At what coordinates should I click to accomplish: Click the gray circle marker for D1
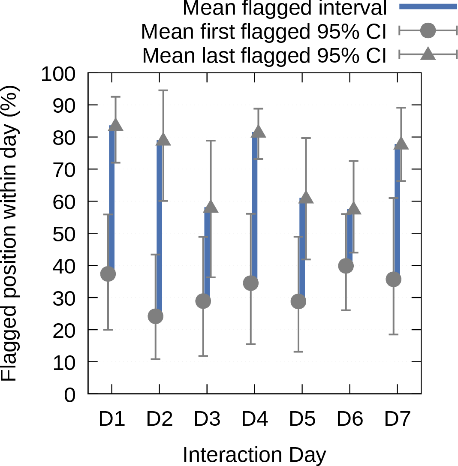click(108, 274)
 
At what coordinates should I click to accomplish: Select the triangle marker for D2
click(163, 140)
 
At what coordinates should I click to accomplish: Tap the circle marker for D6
click(346, 266)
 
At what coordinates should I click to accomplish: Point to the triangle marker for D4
click(258, 132)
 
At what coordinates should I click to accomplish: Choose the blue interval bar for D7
click(398, 211)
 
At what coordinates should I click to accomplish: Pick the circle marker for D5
click(298, 302)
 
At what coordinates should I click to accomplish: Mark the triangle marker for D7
click(401, 144)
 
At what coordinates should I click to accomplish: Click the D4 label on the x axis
click(255, 419)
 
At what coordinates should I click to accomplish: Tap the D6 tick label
click(350, 419)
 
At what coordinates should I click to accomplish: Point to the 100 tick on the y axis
click(58, 74)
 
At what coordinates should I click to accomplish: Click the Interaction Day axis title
click(254, 455)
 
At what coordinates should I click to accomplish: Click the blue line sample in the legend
click(428, 6)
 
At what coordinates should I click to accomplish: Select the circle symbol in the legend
click(428, 30)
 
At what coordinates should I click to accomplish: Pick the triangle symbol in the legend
click(428, 54)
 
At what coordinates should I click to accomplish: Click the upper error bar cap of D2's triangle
click(163, 90)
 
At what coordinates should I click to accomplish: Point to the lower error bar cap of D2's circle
click(155, 359)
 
